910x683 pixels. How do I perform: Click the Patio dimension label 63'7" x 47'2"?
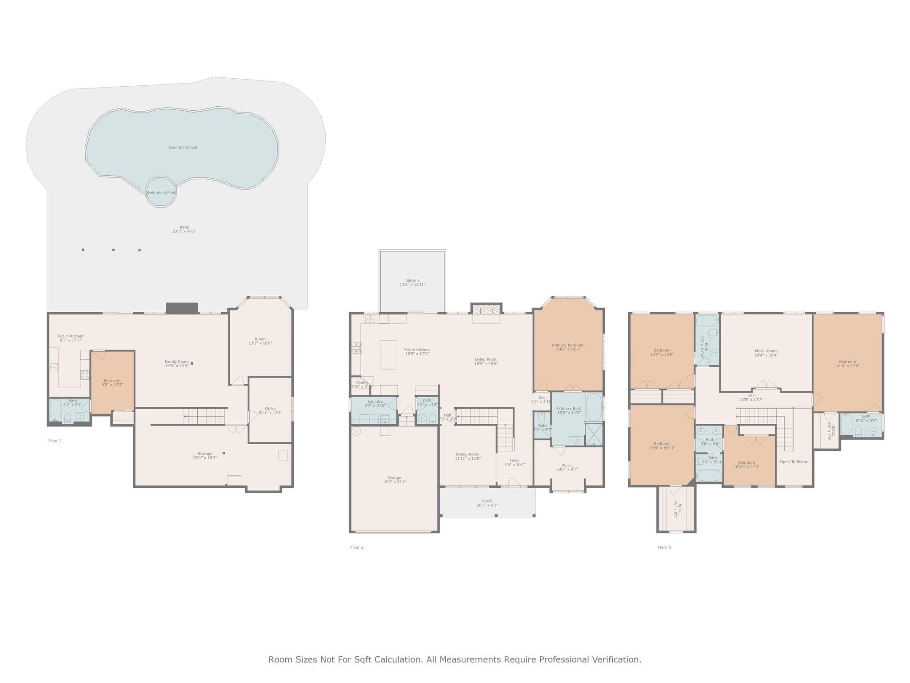coord(184,232)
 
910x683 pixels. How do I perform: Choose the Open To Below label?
coord(794,462)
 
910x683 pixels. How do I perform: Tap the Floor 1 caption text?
coord(55,441)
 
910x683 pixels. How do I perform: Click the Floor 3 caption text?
coord(664,547)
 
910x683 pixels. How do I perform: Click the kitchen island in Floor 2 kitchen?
coord(388,354)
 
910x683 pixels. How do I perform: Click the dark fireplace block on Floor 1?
coord(181,308)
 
